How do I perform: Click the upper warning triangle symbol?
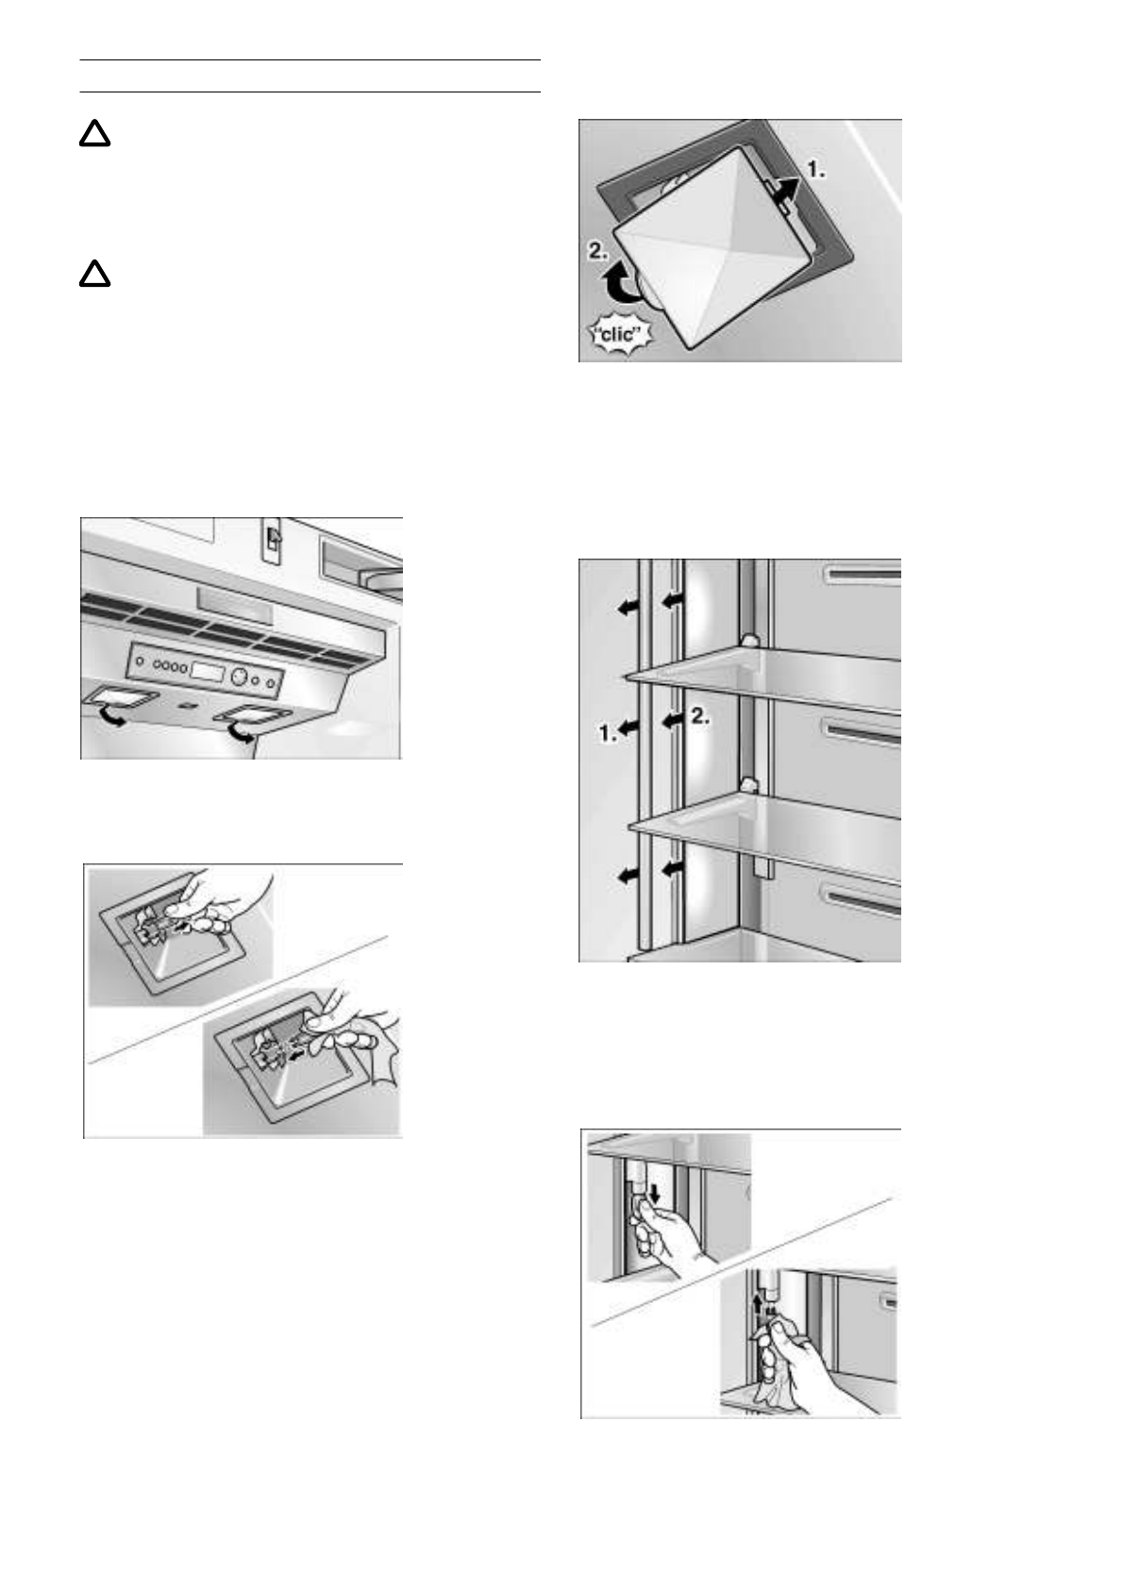94,133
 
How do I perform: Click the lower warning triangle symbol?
94,274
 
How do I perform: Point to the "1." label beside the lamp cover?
815,170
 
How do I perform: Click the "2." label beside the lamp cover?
598,250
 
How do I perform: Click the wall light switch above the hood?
273,539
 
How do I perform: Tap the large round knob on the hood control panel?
239,677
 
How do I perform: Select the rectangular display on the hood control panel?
208,672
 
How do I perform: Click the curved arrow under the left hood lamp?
110,715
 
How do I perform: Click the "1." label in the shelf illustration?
608,733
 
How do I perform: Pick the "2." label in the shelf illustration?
700,716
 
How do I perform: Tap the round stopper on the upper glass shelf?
746,640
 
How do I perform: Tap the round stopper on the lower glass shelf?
747,784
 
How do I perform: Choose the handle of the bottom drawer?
862,899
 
